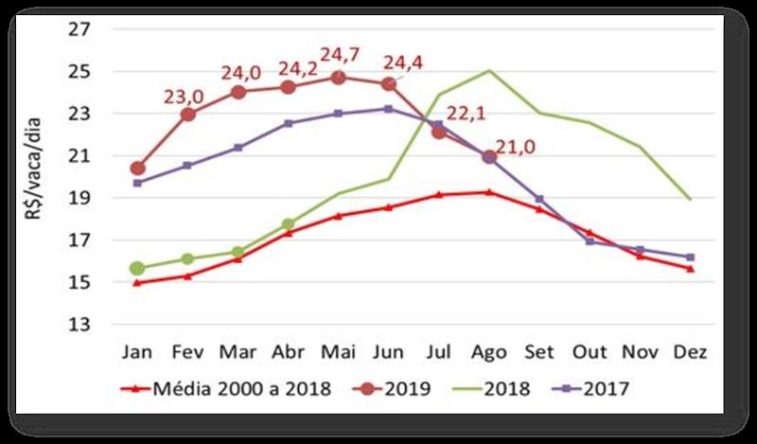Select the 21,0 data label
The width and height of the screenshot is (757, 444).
tap(529, 147)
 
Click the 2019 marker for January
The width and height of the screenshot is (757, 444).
tap(138, 169)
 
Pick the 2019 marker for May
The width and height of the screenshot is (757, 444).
tap(339, 78)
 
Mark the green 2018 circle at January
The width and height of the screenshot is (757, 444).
tap(138, 269)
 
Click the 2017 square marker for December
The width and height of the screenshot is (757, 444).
tap(690, 257)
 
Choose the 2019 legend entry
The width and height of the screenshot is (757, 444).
tap(393, 389)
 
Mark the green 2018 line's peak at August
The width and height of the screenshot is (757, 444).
tap(489, 70)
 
